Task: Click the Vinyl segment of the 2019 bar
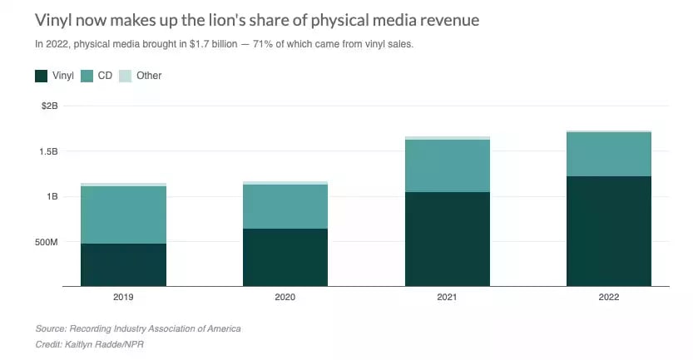tap(123, 264)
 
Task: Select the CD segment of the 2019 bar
tap(123, 215)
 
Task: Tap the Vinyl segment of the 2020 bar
tap(285, 257)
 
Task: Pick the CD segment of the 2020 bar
tap(285, 206)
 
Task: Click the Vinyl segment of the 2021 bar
tap(447, 239)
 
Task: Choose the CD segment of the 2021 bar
tap(447, 165)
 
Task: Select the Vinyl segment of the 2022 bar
tap(608, 231)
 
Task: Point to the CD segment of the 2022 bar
tap(608, 154)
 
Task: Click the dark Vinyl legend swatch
tap(41, 76)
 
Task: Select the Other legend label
tap(149, 76)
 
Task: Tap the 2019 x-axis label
tap(123, 296)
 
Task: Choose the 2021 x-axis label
tap(447, 296)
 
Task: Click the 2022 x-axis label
tap(608, 296)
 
